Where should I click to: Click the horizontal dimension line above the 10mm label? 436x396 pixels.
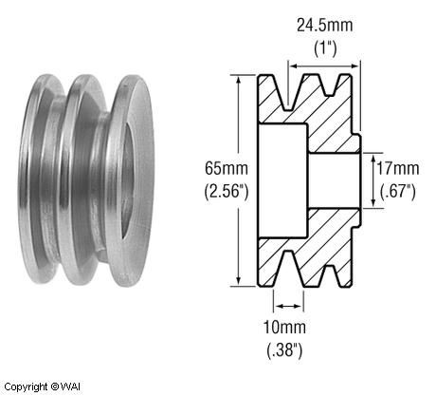pyautogui.click(x=289, y=306)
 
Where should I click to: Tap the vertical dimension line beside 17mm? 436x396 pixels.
pyautogui.click(x=369, y=179)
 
